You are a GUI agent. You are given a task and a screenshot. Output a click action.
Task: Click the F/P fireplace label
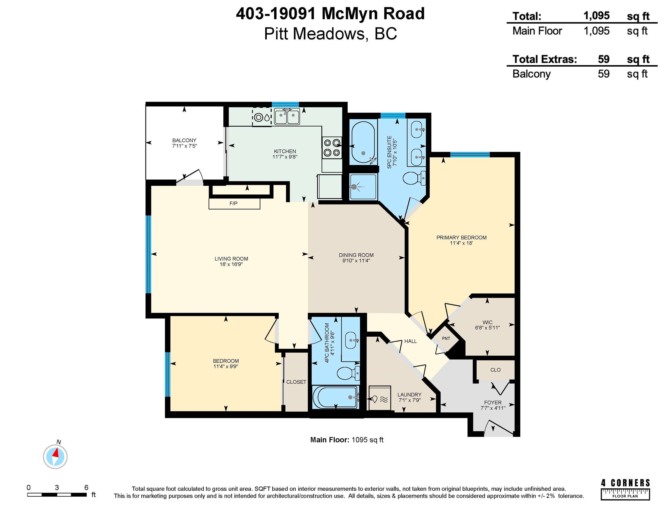[233, 203]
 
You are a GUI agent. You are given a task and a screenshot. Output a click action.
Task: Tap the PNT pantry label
[446, 338]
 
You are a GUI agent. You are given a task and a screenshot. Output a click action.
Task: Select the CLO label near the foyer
[495, 370]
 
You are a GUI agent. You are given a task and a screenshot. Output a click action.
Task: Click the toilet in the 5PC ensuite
[414, 178]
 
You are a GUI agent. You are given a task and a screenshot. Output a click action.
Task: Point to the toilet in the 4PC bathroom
[348, 373]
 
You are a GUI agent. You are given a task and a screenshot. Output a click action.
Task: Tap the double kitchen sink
[287, 116]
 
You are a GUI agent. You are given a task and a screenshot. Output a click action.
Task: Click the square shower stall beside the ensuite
[363, 186]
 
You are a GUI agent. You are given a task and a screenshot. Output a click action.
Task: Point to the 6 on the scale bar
[86, 487]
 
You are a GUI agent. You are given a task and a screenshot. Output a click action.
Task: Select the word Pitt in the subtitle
[276, 34]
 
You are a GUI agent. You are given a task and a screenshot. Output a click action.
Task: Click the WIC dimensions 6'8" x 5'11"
[487, 328]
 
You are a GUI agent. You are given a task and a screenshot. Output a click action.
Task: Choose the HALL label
[410, 341]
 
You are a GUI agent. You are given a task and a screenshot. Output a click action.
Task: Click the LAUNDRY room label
[409, 395]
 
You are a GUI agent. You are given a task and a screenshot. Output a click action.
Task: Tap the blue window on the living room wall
[148, 254]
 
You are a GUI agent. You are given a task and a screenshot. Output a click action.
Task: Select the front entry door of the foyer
[499, 428]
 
